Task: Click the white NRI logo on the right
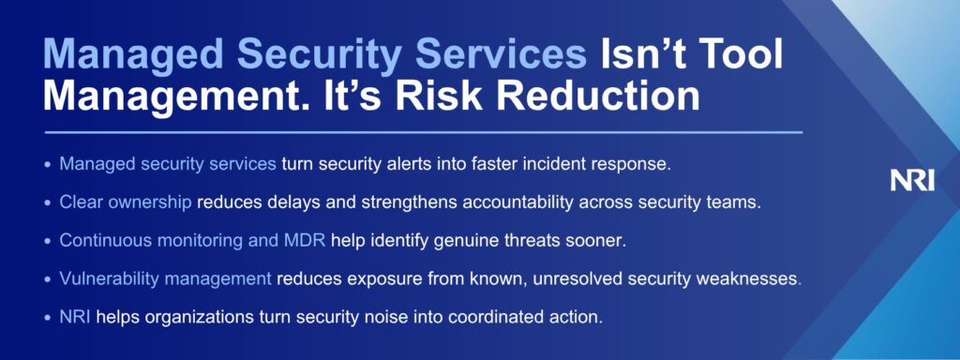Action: click(911, 181)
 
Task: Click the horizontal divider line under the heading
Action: click(423, 132)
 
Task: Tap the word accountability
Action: click(519, 203)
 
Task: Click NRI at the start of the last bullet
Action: click(75, 317)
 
